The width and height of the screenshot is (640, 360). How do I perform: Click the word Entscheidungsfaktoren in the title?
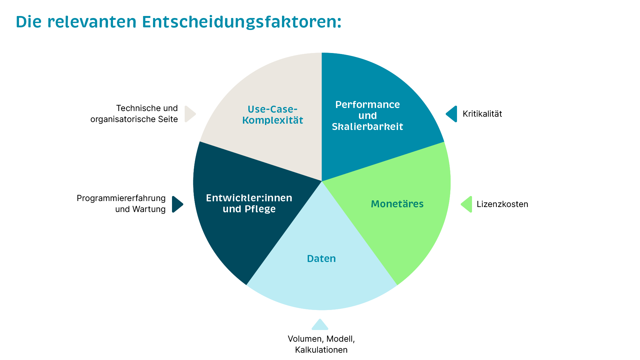click(x=242, y=22)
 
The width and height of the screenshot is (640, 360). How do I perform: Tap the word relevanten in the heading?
click(x=92, y=22)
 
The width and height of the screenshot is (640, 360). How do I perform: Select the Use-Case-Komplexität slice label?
click(x=273, y=115)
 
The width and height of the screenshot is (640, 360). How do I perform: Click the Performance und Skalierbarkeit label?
click(x=367, y=115)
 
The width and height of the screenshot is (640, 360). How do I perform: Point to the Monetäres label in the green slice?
click(x=397, y=204)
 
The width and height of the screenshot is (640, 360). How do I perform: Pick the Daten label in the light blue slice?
click(x=321, y=258)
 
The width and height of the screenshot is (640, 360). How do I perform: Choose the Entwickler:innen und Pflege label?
click(x=249, y=203)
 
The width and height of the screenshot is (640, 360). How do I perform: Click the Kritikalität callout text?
click(x=482, y=114)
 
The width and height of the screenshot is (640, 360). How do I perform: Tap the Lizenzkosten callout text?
click(x=502, y=204)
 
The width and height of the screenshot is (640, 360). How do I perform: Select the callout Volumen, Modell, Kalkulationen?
click(x=321, y=344)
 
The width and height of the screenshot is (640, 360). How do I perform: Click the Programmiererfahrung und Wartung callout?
click(x=121, y=204)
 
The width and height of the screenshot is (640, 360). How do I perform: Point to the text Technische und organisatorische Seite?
click(x=134, y=114)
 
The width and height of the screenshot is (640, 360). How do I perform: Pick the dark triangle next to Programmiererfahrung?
click(x=177, y=204)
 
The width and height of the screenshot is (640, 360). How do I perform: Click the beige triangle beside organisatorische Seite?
click(x=190, y=114)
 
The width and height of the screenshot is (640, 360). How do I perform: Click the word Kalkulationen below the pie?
click(x=321, y=350)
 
